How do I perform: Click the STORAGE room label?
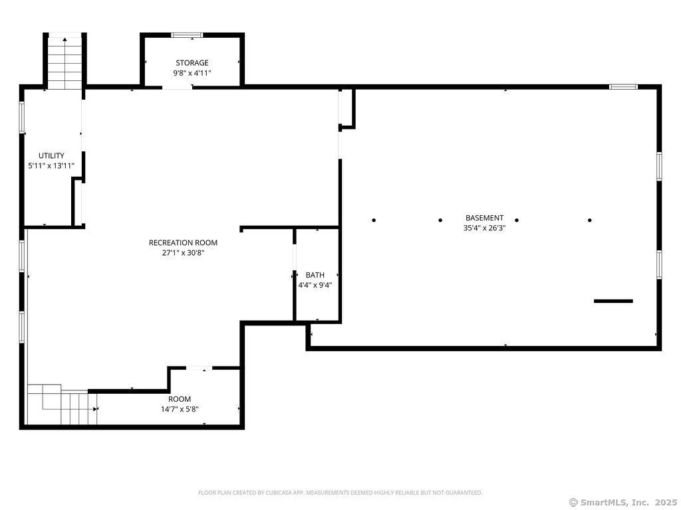(x=192, y=63)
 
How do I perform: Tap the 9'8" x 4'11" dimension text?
(x=192, y=73)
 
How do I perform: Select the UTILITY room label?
(x=51, y=155)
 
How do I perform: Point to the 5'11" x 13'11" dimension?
(x=51, y=165)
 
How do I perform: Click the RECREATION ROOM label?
(x=184, y=243)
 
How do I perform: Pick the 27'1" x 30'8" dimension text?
(x=184, y=253)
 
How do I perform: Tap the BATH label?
(x=315, y=275)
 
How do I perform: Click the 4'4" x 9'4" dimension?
(x=315, y=286)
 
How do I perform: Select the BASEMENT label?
(x=485, y=218)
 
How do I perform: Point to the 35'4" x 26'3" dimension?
(x=485, y=228)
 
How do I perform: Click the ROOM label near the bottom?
(x=180, y=399)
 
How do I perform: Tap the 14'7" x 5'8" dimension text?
(x=180, y=409)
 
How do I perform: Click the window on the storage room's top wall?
(x=187, y=35)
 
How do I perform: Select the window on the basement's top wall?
(x=623, y=87)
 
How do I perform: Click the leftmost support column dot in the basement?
(x=374, y=220)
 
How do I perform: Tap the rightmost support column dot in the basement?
(x=589, y=220)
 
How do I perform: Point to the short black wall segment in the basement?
(x=613, y=301)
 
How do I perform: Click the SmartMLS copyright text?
(x=622, y=502)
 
